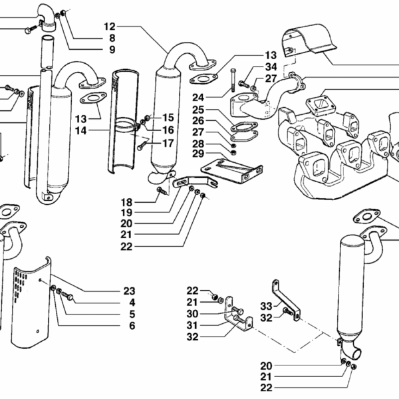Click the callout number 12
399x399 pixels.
[110, 27]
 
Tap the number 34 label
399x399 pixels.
[271, 67]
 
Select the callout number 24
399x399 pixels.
[198, 98]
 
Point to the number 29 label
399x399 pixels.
[198, 154]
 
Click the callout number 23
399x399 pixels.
[129, 291]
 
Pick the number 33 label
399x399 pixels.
[266, 306]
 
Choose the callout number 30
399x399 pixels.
[192, 314]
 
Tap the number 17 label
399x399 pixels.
[168, 143]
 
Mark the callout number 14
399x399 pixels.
[81, 131]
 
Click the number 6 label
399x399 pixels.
[132, 326]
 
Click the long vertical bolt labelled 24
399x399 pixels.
[233, 80]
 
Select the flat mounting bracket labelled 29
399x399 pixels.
[231, 170]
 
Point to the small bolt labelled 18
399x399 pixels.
[161, 190]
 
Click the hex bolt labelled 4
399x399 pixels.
[67, 296]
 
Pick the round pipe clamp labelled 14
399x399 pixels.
[126, 125]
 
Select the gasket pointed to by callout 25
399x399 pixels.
[245, 126]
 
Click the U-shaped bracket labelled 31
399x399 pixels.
[238, 314]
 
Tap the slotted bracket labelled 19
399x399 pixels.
[195, 182]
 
